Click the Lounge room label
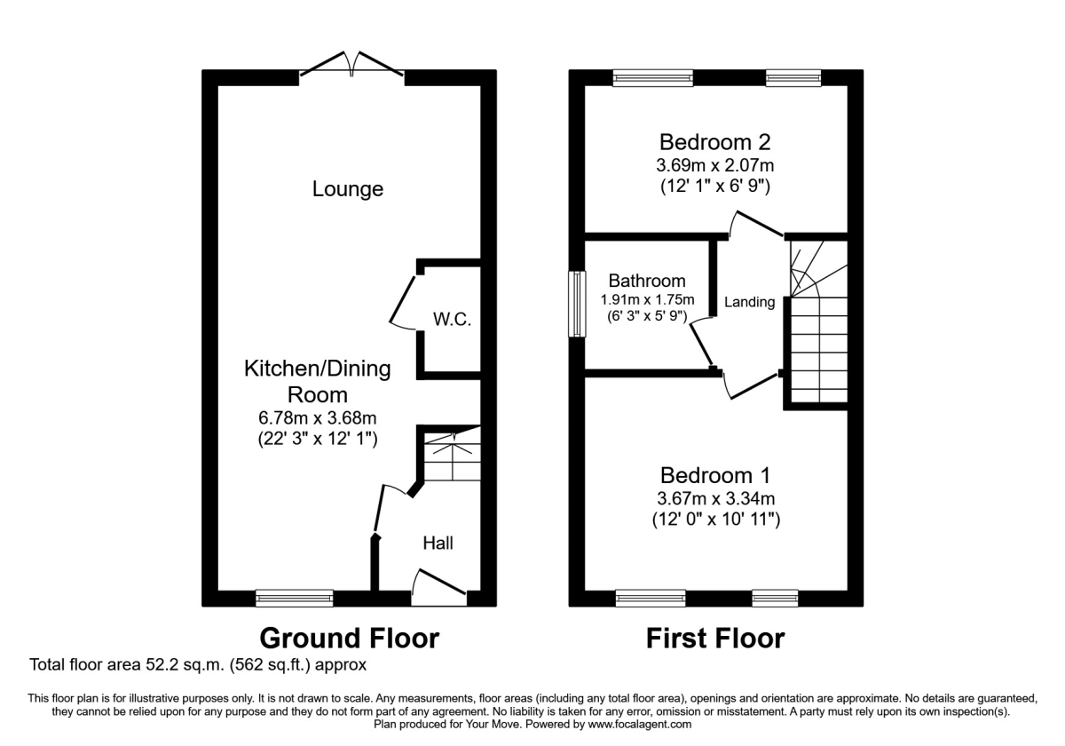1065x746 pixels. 348,189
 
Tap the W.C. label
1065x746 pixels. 451,319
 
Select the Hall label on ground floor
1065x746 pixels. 438,543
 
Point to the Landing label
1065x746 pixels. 750,302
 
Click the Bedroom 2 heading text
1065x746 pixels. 714,142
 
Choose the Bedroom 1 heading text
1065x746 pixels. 714,474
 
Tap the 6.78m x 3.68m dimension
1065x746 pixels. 317,417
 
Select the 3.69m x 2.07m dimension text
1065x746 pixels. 714,165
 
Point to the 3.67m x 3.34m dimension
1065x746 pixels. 714,498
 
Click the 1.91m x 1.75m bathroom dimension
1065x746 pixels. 647,299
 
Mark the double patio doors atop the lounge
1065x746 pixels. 352,66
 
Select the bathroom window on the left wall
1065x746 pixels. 577,304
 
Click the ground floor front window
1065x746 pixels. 295,599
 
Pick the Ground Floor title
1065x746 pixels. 349,638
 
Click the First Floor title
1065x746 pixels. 714,638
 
